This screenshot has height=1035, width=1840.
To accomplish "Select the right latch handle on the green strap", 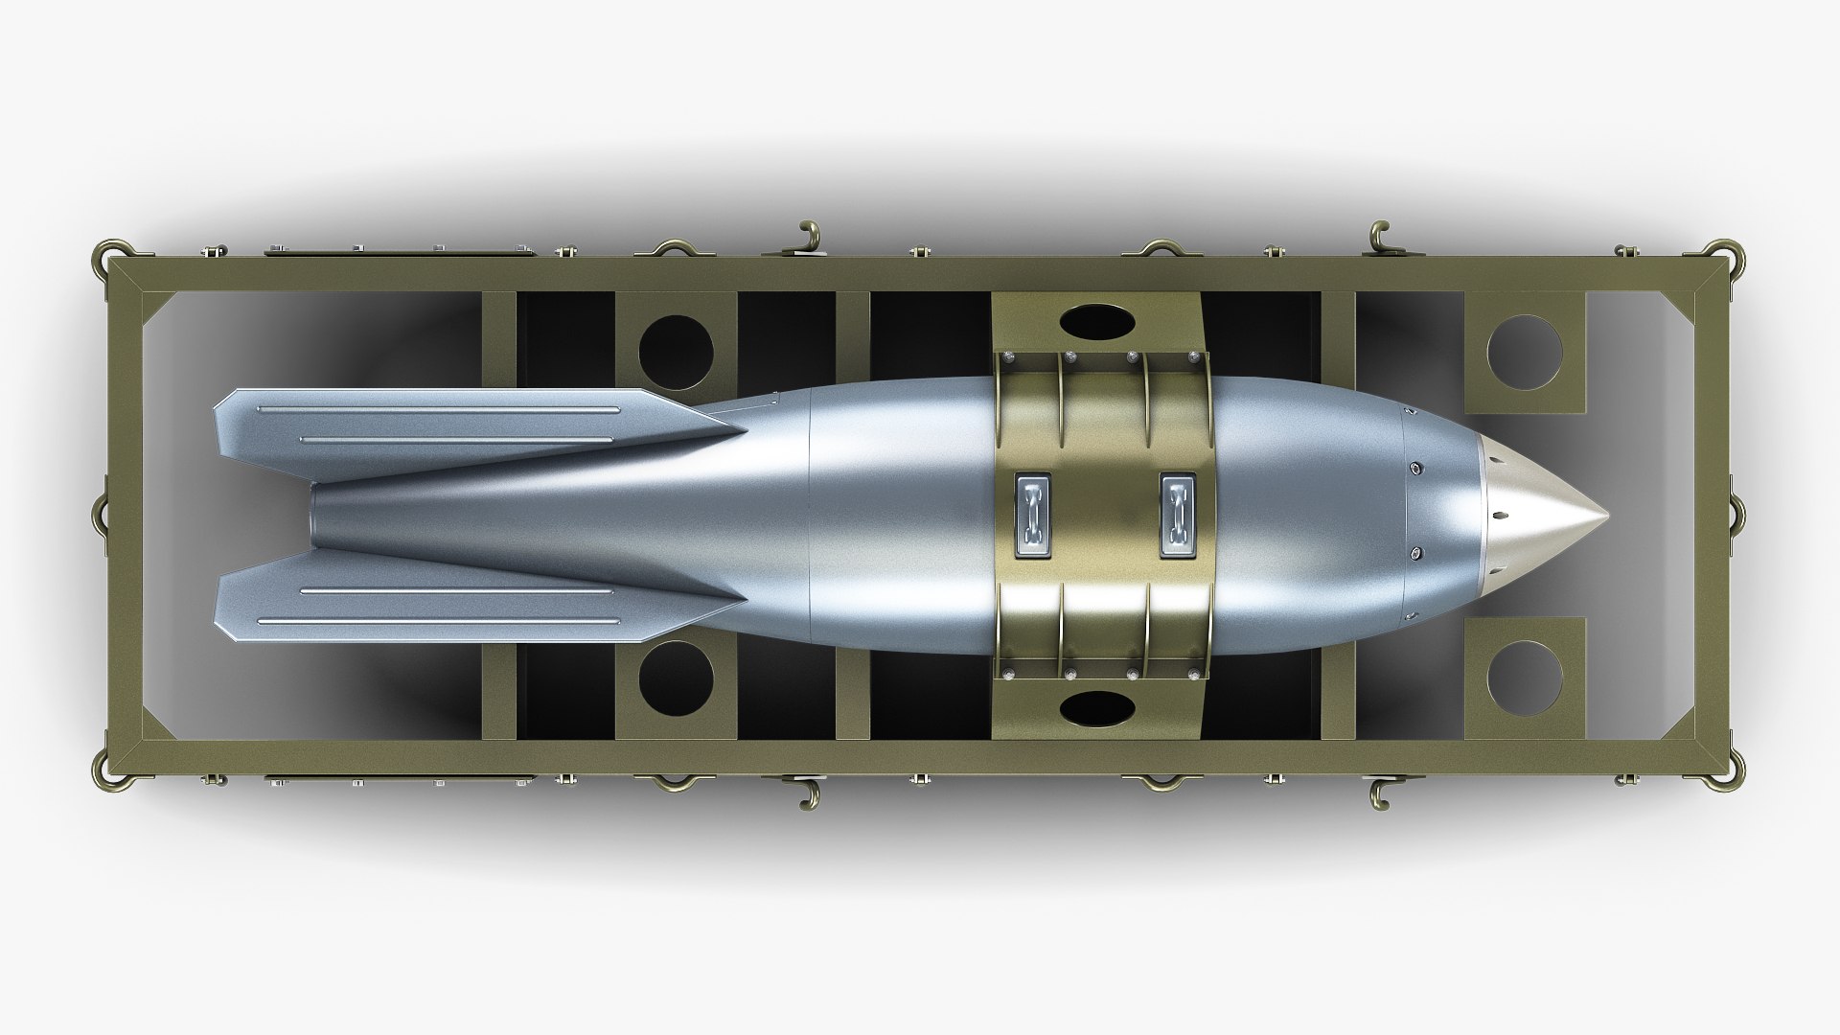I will click(1178, 516).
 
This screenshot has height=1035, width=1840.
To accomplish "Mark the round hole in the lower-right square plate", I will click(1525, 677).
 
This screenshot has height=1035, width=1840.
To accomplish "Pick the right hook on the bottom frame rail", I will click(1380, 793).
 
